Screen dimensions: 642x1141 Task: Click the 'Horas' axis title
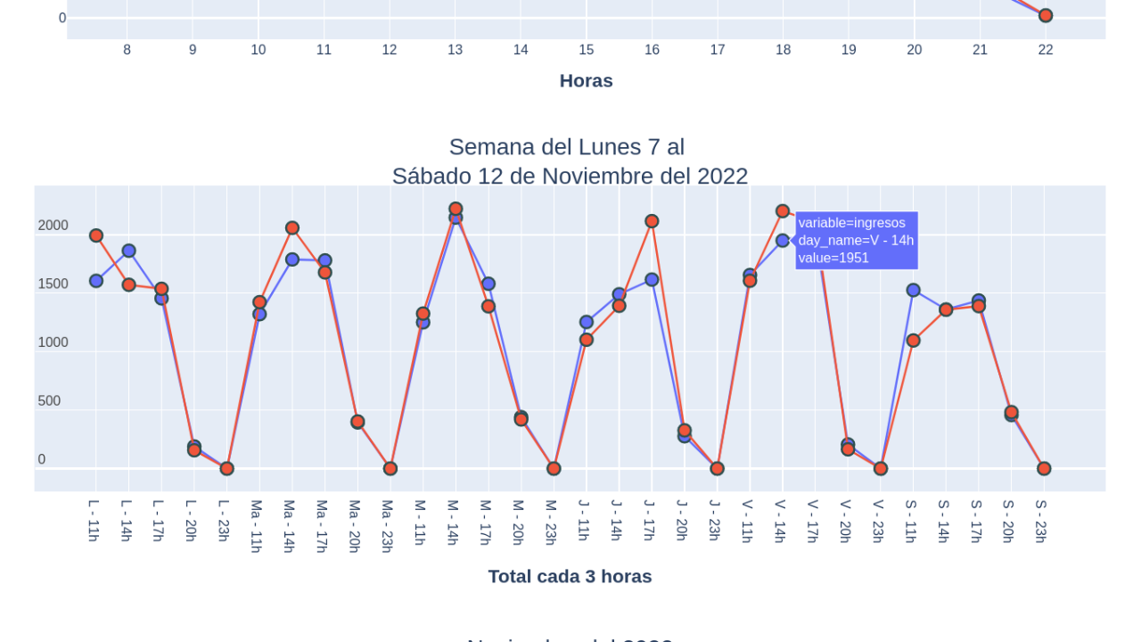click(x=586, y=81)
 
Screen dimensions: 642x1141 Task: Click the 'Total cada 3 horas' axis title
click(x=570, y=577)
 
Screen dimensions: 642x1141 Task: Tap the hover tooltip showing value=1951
click(x=856, y=241)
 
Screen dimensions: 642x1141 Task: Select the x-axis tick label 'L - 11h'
click(x=94, y=521)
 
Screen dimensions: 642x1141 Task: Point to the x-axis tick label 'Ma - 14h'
click(x=289, y=526)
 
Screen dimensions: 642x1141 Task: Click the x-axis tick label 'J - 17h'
click(x=649, y=521)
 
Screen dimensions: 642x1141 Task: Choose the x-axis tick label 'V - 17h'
click(x=813, y=521)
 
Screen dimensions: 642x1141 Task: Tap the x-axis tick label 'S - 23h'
click(x=1040, y=521)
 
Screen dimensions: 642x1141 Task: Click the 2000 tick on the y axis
click(x=53, y=226)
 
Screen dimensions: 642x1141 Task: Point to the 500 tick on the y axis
click(x=49, y=401)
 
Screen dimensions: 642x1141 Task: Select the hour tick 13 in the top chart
click(x=455, y=50)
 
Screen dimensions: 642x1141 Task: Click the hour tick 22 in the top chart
click(x=1046, y=50)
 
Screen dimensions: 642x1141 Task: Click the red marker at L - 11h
click(x=96, y=235)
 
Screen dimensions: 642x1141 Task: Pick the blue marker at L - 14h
click(x=129, y=251)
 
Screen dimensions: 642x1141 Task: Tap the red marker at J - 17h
click(x=652, y=221)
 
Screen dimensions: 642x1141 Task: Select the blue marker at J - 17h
click(x=652, y=280)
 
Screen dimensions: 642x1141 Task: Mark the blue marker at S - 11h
click(x=913, y=290)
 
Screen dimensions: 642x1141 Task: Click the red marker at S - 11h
click(x=913, y=341)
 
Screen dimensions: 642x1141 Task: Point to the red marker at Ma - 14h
click(x=292, y=228)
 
